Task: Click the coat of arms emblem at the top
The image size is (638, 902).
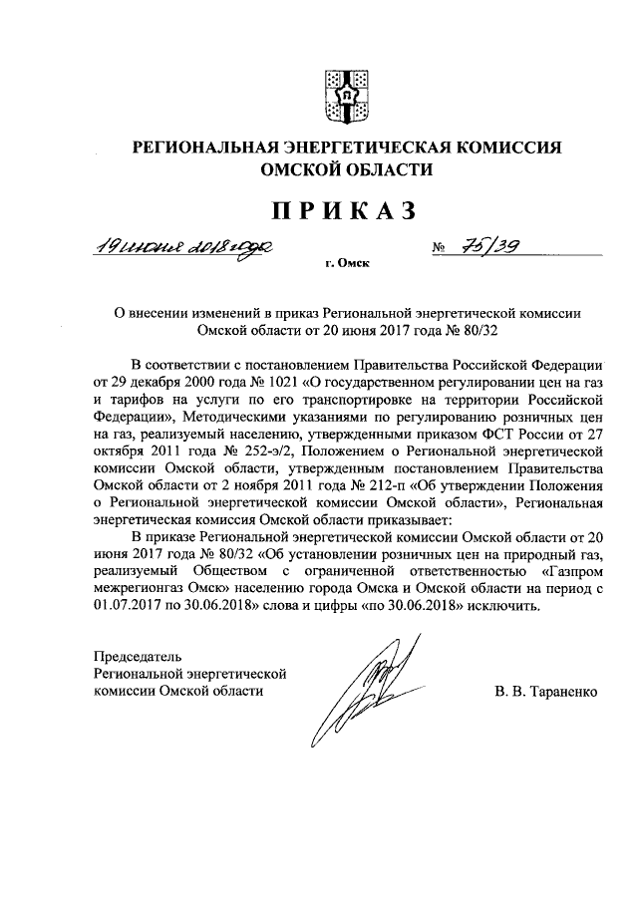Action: [348, 92]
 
